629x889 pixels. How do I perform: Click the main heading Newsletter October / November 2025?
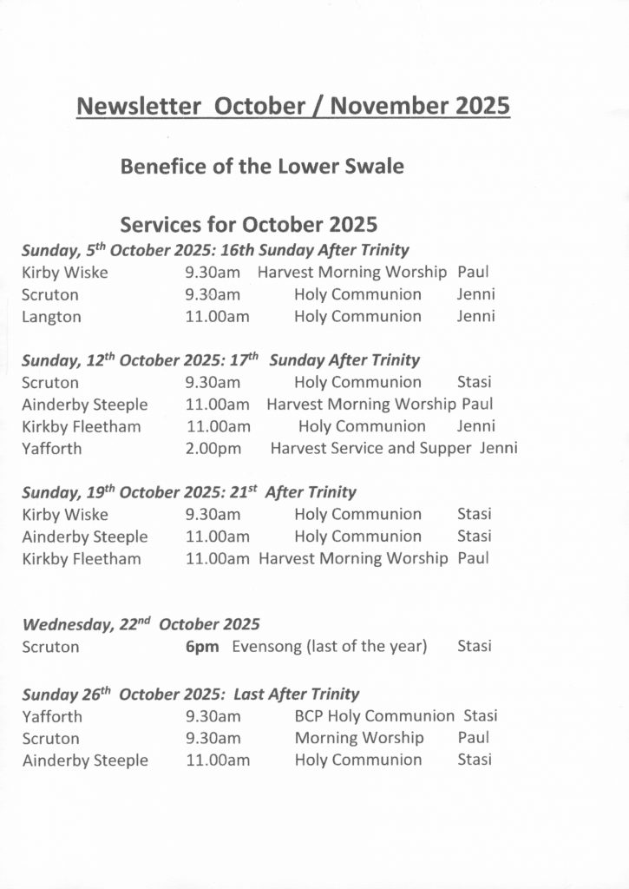click(x=293, y=106)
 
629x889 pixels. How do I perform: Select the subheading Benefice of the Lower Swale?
click(x=262, y=166)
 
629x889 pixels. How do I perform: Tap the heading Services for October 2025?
click(x=249, y=225)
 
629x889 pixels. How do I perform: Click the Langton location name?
click(x=51, y=317)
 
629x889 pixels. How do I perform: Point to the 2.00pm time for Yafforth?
click(x=213, y=448)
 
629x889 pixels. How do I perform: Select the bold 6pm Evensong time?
click(x=202, y=647)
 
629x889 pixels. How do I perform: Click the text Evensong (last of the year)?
click(x=330, y=647)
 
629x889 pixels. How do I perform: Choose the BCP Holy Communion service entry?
click(x=374, y=716)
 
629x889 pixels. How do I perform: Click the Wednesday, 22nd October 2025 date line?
click(x=141, y=624)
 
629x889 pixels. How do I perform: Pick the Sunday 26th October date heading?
click(x=190, y=695)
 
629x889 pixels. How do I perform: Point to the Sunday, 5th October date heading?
click(x=215, y=250)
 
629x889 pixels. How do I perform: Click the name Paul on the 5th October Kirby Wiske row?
click(x=473, y=273)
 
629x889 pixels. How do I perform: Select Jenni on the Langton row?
click(x=475, y=317)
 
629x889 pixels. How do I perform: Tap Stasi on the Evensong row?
click(x=474, y=647)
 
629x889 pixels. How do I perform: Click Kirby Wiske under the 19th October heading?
click(x=65, y=515)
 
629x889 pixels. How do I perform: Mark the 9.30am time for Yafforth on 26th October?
click(x=213, y=717)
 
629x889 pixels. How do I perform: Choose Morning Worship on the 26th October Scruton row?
click(x=359, y=739)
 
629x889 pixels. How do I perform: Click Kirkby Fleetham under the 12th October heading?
click(x=82, y=426)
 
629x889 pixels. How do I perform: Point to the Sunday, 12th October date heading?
click(x=220, y=360)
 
